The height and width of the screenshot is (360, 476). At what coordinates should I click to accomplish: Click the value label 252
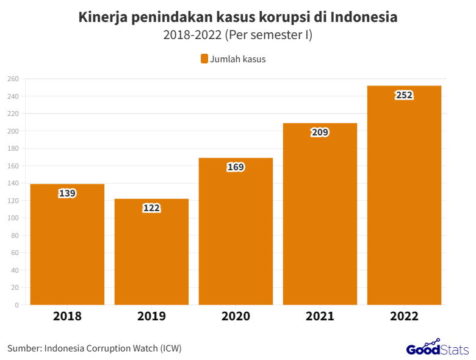404,95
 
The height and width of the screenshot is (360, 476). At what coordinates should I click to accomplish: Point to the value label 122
151,208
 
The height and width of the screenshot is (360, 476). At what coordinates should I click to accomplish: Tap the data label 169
236,167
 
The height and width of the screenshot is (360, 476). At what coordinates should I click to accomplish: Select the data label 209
320,132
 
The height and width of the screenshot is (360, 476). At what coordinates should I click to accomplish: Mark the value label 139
67,193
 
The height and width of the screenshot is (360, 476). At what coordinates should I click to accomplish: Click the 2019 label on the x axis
151,317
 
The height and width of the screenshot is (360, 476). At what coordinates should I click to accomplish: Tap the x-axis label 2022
404,317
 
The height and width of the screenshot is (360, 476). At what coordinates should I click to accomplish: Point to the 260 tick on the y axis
13,79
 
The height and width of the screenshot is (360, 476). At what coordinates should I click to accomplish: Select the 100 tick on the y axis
13,218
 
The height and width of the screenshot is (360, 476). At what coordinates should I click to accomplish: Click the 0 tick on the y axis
16,305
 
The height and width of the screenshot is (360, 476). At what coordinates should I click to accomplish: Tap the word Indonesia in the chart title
364,17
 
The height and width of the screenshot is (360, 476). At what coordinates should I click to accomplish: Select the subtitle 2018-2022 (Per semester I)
238,35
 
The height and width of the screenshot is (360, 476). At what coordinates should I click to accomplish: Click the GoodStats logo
437,348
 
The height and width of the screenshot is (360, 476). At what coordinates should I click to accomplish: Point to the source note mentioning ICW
95,348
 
